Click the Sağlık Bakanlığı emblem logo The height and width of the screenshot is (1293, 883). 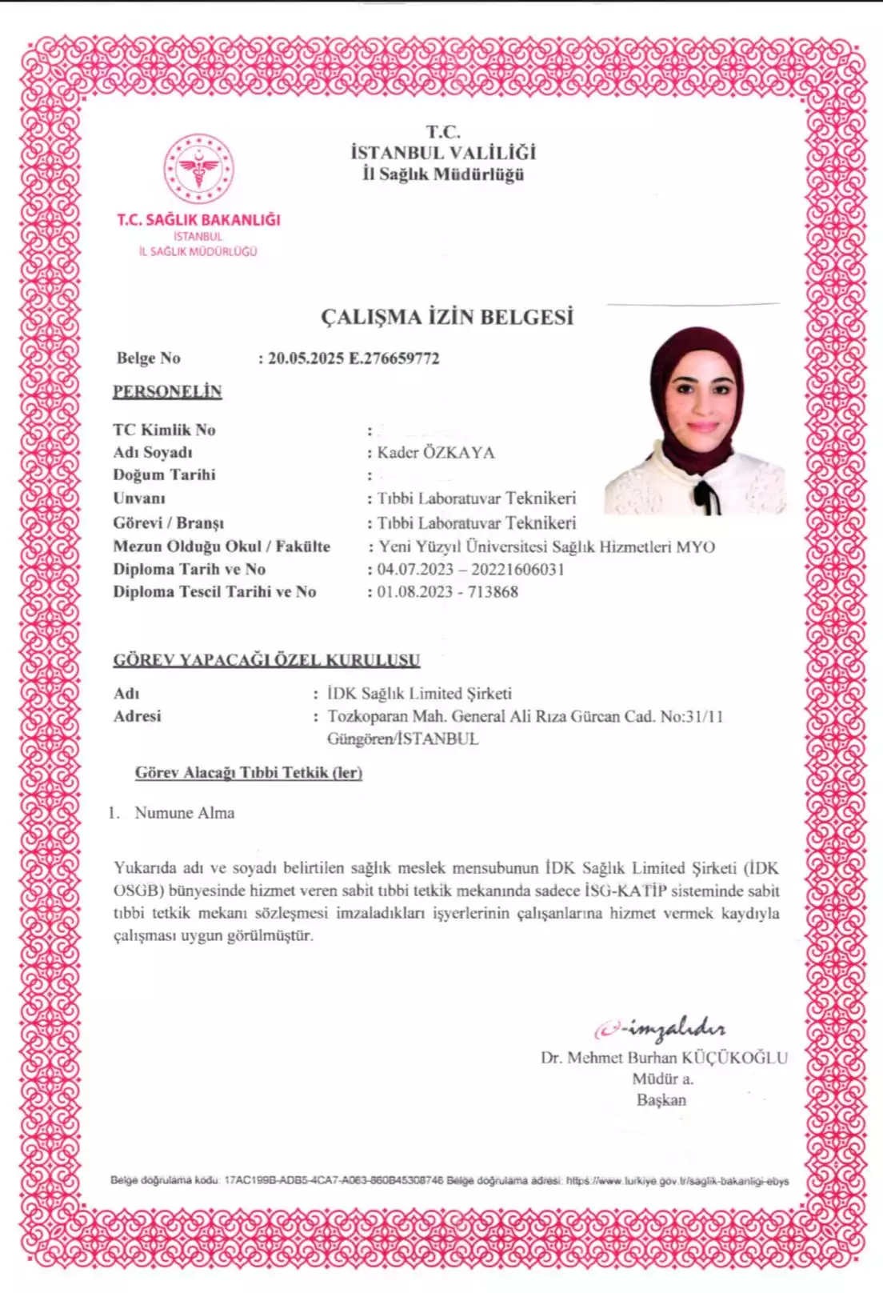click(x=198, y=169)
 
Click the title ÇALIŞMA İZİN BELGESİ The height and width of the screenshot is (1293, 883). click(x=447, y=317)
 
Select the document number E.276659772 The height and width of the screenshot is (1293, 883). click(x=394, y=358)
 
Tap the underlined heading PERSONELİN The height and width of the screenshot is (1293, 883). click(x=167, y=391)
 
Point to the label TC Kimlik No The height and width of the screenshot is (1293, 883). click(x=164, y=430)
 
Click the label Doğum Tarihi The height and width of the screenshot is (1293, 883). click(x=164, y=474)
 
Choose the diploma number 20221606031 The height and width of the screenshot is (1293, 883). click(x=517, y=570)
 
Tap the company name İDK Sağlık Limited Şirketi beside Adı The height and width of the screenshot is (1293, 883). click(x=419, y=694)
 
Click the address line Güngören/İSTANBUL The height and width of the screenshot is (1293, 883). click(x=402, y=739)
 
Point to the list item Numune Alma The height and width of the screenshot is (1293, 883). click(x=184, y=813)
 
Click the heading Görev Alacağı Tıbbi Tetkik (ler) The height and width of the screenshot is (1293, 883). click(x=248, y=773)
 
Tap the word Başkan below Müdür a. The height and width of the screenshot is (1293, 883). click(x=661, y=1100)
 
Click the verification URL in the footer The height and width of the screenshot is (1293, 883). click(x=677, y=1180)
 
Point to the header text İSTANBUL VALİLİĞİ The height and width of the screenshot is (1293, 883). click(x=443, y=153)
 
